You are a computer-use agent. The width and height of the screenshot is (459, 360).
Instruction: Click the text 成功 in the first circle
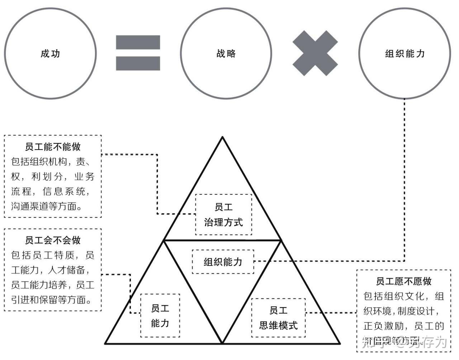point(50,54)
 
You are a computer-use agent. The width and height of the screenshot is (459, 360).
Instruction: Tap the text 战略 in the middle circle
point(226,54)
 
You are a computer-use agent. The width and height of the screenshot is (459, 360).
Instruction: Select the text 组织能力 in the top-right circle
point(404,54)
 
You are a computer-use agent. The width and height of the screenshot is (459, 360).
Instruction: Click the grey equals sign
point(138,53)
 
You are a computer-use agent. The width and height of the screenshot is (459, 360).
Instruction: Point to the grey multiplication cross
point(315,53)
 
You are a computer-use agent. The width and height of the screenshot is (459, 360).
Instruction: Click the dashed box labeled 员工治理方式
point(223,214)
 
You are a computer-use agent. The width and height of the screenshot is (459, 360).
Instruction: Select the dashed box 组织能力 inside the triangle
point(223,262)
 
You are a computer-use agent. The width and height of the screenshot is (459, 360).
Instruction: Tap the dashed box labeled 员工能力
point(160,316)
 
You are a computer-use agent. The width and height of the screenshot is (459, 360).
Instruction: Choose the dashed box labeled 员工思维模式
point(278,318)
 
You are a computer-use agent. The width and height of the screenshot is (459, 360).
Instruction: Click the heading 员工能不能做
point(53,147)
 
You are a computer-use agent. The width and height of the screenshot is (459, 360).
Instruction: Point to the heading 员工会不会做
point(53,240)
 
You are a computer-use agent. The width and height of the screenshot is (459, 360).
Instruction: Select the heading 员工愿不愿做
point(403,281)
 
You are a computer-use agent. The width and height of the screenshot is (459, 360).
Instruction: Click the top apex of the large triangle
point(222,137)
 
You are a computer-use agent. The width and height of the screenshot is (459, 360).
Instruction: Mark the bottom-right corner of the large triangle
point(339,343)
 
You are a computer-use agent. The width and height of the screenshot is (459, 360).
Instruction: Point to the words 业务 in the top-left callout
point(84,176)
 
